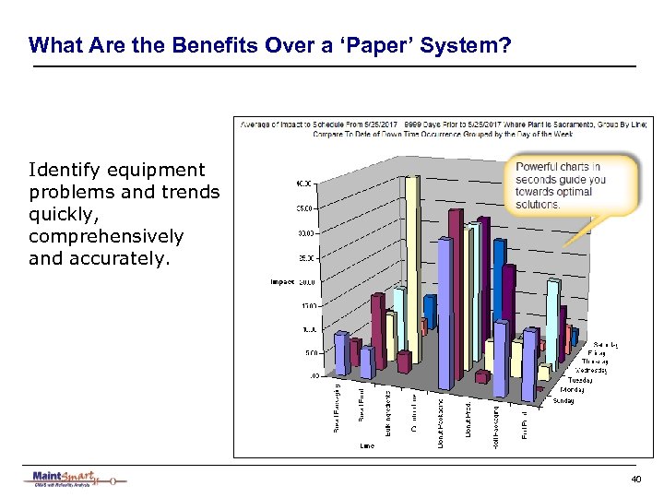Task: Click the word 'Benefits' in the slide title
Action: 207,44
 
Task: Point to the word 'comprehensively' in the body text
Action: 106,237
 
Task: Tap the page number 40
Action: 635,480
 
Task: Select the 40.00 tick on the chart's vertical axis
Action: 303,184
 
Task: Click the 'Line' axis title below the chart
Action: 367,445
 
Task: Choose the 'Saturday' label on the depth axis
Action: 606,344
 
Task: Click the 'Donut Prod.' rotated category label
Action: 469,420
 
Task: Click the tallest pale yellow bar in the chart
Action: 411,258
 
